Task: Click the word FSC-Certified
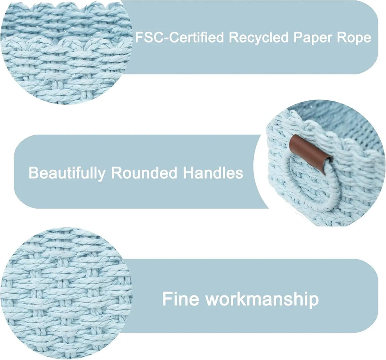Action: (180, 37)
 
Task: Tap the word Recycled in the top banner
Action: (259, 37)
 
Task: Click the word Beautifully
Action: (67, 173)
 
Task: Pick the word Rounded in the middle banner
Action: (144, 173)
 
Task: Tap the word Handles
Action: (213, 172)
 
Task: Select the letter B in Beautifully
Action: (34, 172)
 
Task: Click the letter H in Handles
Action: (188, 172)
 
